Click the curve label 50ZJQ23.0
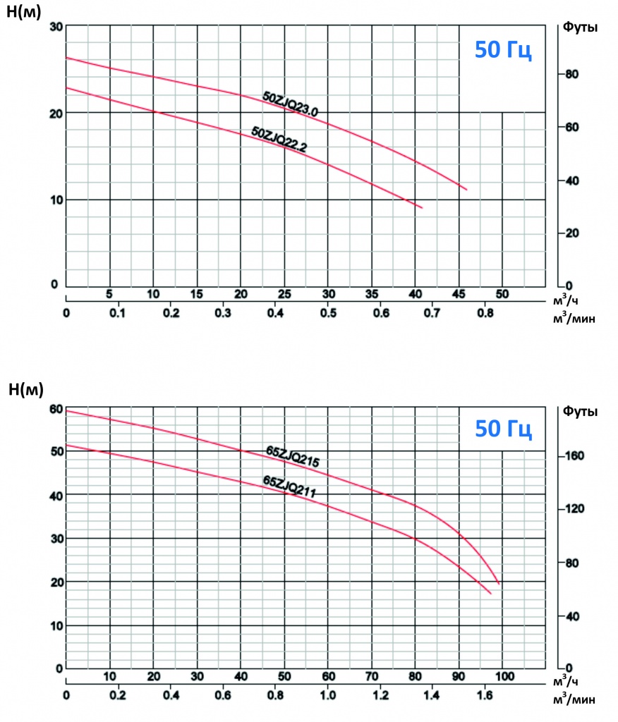click(x=291, y=104)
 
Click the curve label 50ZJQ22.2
click(x=279, y=138)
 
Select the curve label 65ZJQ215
click(x=293, y=456)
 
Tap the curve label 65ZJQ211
click(x=288, y=487)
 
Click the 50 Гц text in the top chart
click(x=502, y=51)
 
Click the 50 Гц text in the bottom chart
click(x=502, y=429)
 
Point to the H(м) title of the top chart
click(x=25, y=12)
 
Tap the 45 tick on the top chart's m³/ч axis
click(x=459, y=293)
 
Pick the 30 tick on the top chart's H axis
click(x=56, y=27)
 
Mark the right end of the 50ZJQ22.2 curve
click(x=422, y=208)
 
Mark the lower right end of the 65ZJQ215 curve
click(x=499, y=585)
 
